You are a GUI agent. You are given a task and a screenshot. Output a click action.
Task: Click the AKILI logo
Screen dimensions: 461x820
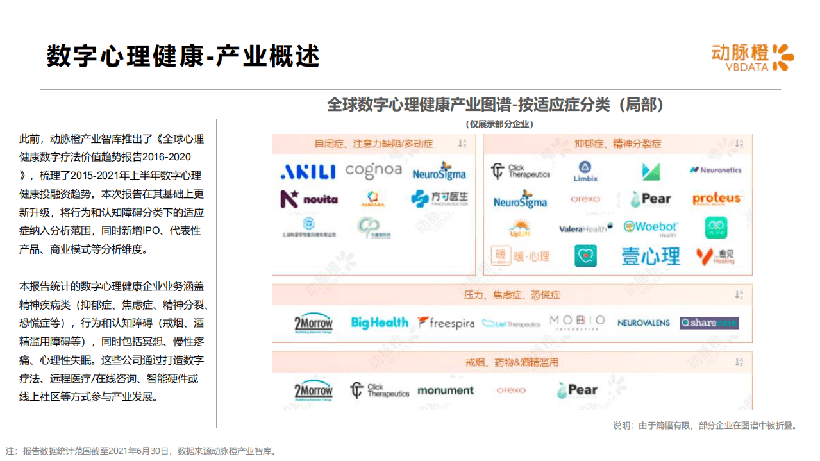308,172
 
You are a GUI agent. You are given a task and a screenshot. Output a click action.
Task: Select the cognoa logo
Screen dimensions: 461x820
373,171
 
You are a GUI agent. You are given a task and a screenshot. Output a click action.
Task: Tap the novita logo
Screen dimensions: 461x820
309,199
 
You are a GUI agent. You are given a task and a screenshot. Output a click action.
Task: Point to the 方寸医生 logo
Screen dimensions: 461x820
439,198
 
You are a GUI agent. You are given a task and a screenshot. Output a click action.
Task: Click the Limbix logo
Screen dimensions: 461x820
585,172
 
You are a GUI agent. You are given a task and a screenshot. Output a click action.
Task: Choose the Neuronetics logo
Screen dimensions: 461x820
715,170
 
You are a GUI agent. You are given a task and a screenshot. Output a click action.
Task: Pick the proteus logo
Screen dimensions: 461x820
716,199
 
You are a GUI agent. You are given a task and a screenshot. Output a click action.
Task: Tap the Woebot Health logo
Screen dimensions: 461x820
650,228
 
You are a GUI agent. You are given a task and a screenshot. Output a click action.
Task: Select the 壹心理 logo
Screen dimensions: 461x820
650,256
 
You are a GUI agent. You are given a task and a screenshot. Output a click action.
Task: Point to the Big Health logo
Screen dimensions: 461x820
380,323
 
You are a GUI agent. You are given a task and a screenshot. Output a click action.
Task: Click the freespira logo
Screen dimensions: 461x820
446,323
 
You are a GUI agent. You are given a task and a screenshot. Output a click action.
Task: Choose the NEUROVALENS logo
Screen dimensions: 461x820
643,323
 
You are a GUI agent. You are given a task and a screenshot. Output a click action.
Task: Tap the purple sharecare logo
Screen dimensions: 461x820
709,323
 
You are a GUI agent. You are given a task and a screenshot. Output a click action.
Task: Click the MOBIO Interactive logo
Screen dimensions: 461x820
577,322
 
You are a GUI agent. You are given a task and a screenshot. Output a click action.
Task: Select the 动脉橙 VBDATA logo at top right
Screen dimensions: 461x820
752,57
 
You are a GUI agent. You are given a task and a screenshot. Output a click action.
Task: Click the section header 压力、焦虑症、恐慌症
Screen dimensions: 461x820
512,295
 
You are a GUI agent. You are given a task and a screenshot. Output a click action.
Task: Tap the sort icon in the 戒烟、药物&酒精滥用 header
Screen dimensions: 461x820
739,362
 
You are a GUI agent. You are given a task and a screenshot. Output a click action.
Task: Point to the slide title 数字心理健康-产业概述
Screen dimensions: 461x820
183,56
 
